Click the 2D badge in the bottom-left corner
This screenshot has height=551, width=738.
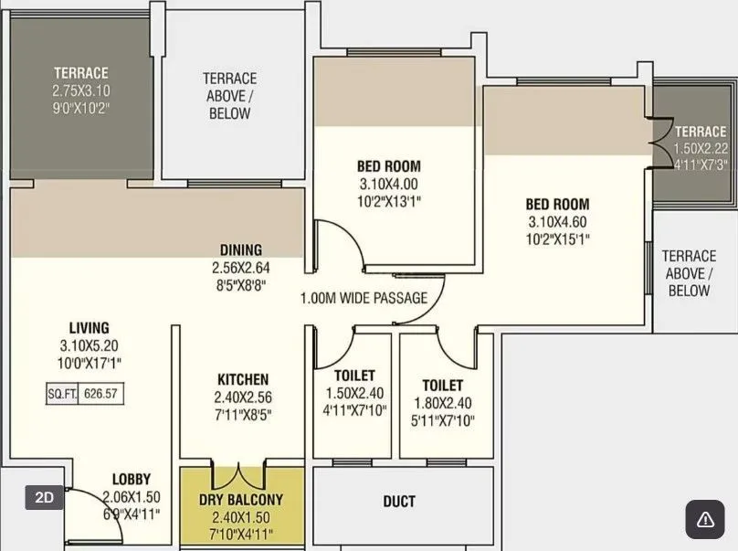44,497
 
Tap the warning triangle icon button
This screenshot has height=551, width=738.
704,519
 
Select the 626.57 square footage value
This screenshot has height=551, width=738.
102,394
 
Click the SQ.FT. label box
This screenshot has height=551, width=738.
62,394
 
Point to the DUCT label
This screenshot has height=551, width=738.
399,501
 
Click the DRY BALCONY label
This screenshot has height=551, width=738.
241,500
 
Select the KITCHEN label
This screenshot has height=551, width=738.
242,379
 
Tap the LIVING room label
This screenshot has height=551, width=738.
89,327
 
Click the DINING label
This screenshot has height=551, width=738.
241,249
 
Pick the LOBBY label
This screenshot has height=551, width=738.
132,479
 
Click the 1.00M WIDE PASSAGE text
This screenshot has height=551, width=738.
364,298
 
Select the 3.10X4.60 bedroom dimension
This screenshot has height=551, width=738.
557,222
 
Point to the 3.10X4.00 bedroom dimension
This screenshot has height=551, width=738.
388,184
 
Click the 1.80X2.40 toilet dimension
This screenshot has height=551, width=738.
442,403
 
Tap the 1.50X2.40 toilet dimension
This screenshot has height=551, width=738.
354,393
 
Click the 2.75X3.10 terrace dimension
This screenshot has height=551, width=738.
80,90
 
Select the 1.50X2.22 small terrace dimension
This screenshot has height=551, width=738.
701,148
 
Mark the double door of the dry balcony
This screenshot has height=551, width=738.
241,476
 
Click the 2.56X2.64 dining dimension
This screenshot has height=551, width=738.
241,267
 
